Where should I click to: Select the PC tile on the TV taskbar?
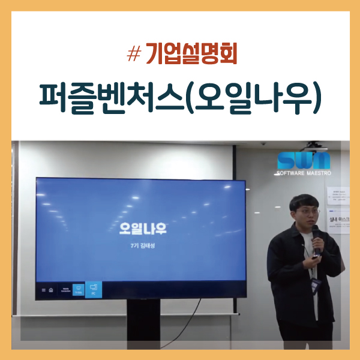(x=94, y=289)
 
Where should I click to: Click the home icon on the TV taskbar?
(x=51, y=290)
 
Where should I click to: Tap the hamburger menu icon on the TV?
(x=43, y=290)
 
